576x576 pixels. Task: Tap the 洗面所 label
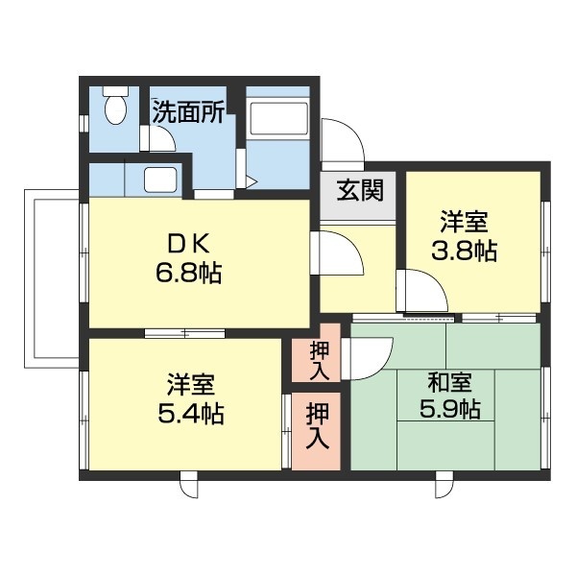click(188, 111)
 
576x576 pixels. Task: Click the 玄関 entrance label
click(359, 189)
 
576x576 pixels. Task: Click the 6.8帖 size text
click(188, 274)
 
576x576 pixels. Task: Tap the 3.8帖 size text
click(464, 252)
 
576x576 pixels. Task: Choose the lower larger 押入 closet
click(318, 428)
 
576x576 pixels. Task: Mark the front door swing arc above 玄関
click(344, 141)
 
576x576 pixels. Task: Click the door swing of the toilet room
click(159, 140)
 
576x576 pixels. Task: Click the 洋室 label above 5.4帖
click(188, 384)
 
